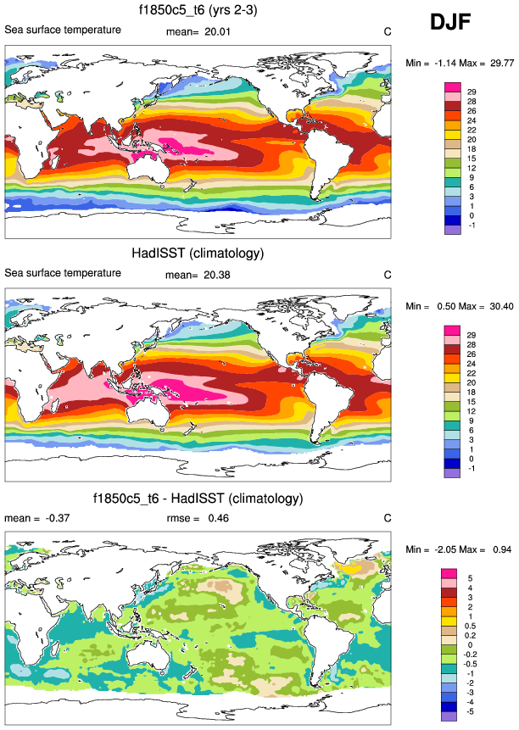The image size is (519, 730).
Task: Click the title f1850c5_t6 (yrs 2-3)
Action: [x=198, y=11]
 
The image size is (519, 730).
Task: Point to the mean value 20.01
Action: [x=217, y=32]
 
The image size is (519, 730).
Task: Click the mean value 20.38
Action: [x=217, y=275]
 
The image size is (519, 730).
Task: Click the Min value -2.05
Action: [x=452, y=549]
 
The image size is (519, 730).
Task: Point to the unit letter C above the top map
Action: [x=387, y=32]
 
